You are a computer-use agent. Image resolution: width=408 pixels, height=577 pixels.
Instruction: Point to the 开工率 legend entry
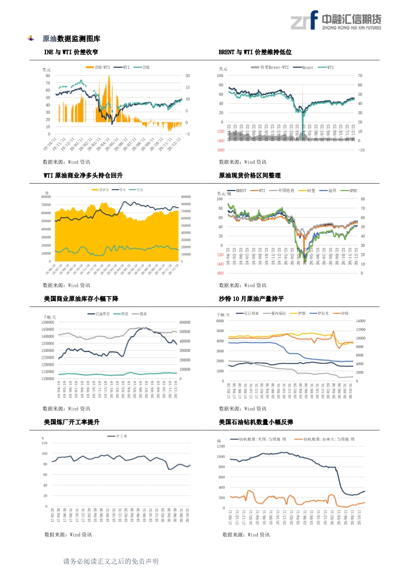(119, 436)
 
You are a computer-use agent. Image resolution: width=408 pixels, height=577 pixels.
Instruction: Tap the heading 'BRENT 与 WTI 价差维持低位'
(255, 52)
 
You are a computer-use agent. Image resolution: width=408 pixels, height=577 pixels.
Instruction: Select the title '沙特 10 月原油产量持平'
(251, 299)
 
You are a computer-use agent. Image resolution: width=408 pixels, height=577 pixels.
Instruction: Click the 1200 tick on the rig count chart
(221, 446)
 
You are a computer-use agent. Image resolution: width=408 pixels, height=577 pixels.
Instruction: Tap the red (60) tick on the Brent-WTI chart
(220, 150)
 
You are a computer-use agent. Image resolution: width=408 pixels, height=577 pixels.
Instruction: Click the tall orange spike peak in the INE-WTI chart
(109, 77)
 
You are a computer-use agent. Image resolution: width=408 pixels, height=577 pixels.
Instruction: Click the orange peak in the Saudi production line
(334, 332)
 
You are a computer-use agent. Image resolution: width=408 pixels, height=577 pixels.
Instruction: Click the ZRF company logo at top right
(335, 20)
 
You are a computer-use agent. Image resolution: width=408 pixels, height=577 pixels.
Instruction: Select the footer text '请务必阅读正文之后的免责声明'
(111, 562)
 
